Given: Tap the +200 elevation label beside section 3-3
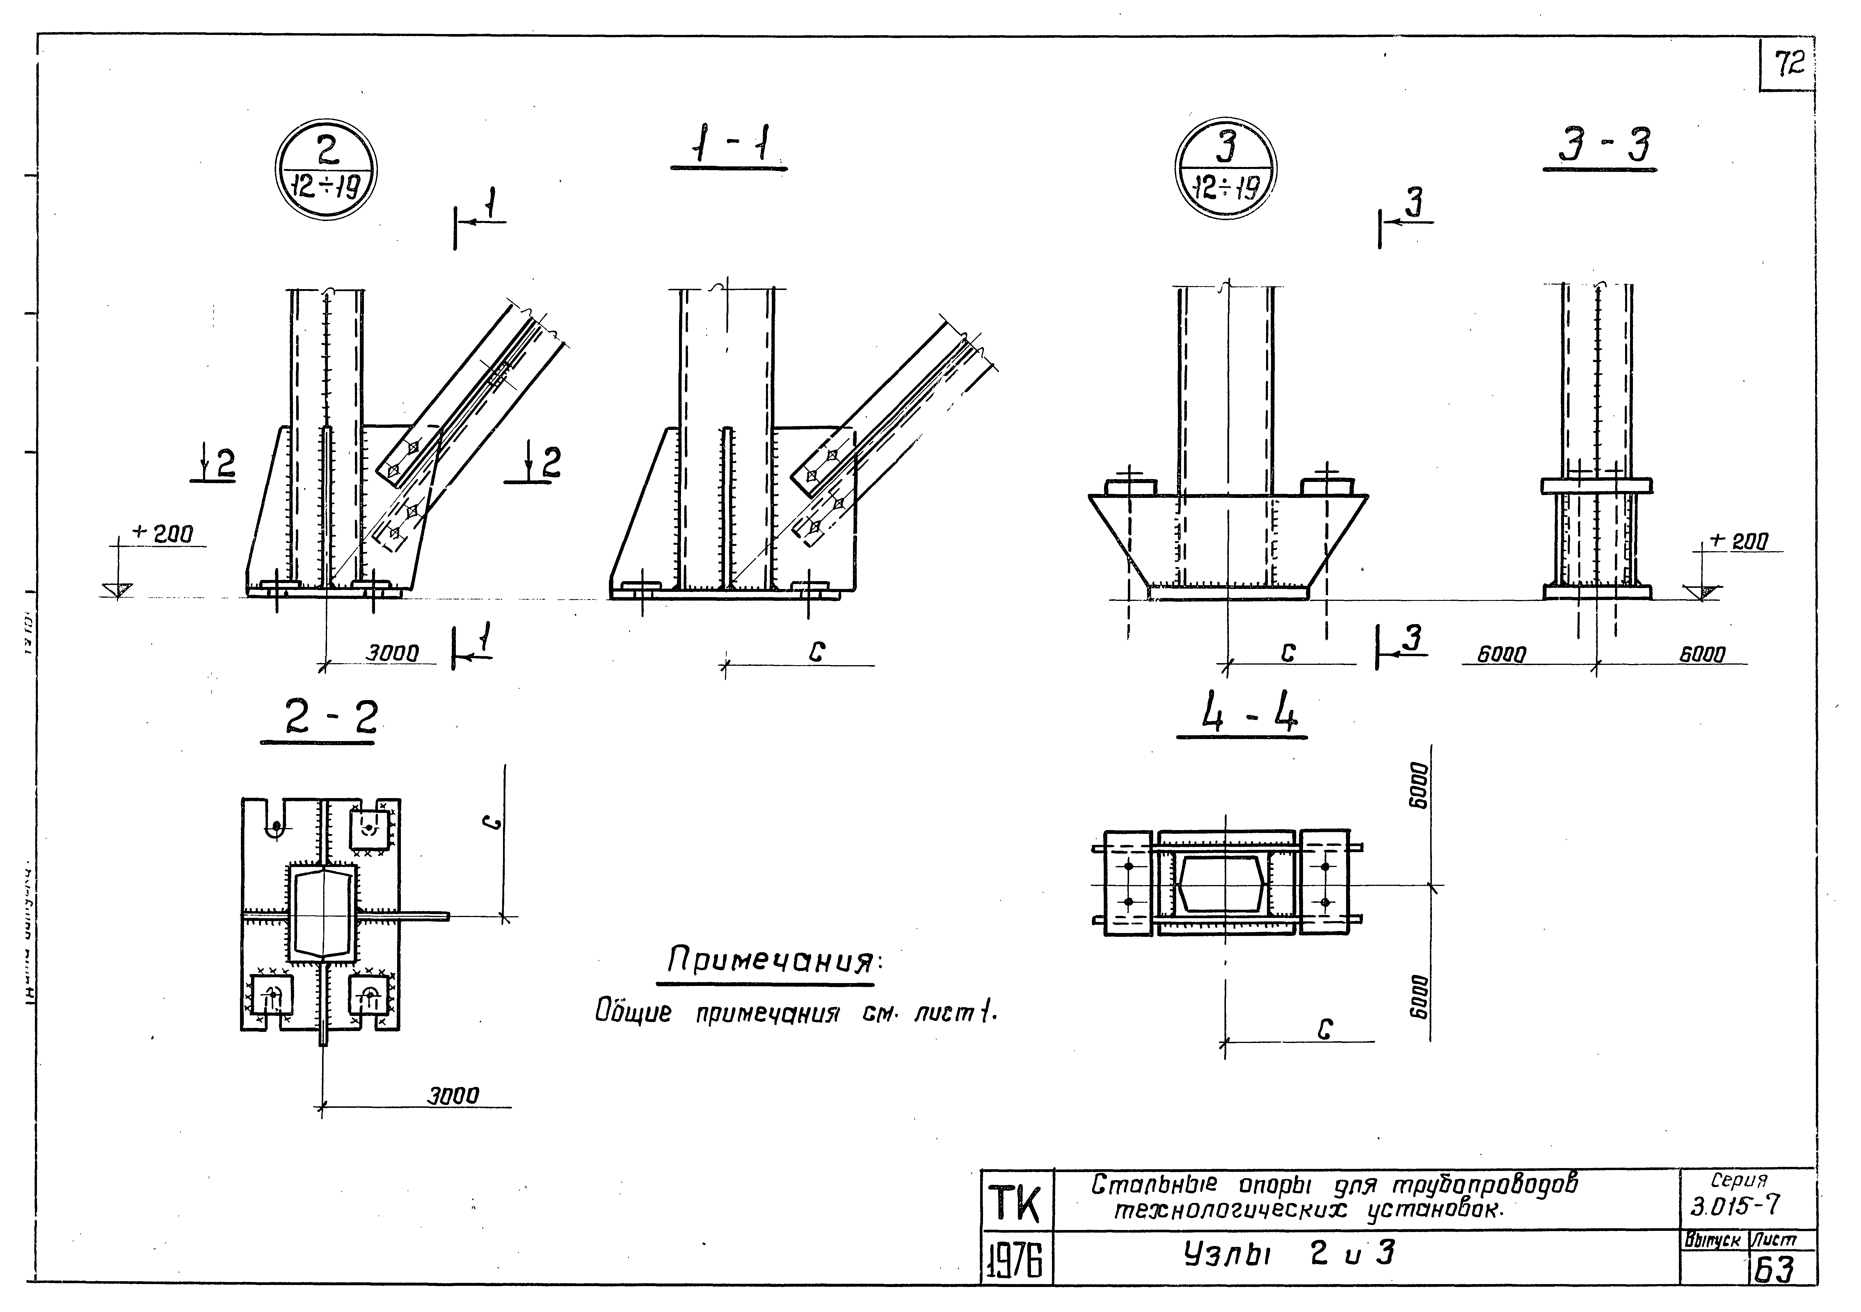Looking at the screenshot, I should point(1739,541).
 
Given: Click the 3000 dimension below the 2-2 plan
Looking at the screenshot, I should point(454,1096).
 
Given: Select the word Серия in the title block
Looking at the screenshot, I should point(1743,1181).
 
